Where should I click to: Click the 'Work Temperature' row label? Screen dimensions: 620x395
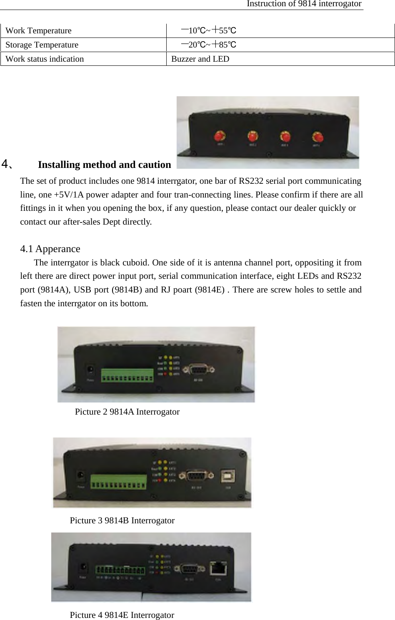[38, 31]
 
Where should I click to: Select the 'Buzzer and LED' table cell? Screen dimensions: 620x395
[200, 59]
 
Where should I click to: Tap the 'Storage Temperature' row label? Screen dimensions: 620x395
[42, 45]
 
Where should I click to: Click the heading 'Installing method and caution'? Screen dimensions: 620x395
[104, 165]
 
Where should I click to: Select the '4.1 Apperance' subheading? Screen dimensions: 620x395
[50, 249]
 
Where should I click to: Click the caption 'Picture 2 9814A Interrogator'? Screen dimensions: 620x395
[127, 412]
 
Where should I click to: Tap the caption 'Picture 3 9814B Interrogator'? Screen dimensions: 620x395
[122, 520]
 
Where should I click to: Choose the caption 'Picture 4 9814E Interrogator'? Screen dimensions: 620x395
[122, 615]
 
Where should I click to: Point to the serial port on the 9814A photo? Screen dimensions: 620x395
[202, 370]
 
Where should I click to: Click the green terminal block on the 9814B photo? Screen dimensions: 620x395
[119, 481]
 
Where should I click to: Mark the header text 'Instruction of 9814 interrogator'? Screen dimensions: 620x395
[304, 4]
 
